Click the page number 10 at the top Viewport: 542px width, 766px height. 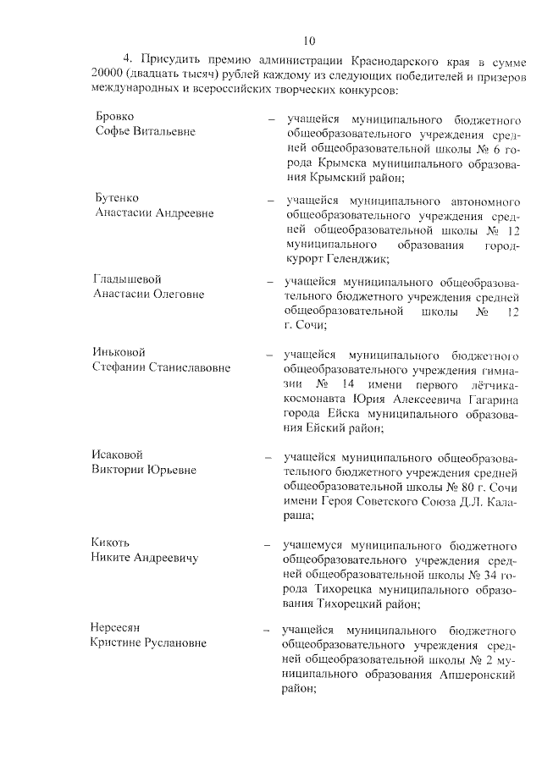pyautogui.click(x=309, y=40)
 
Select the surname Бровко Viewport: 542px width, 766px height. pyautogui.click(x=115, y=116)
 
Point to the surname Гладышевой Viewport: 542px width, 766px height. pyautogui.click(x=127, y=279)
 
